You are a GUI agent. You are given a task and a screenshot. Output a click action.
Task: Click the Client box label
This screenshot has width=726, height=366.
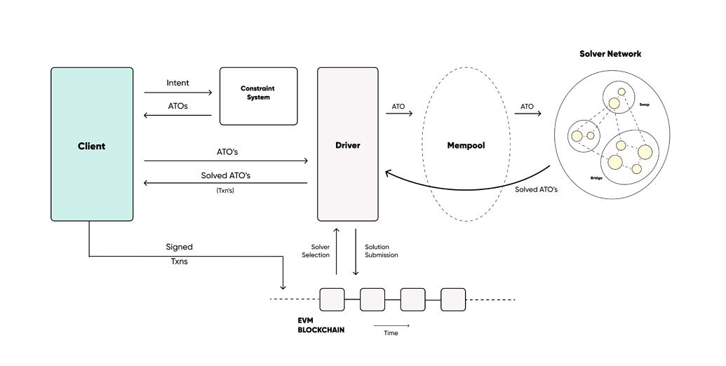[91, 146]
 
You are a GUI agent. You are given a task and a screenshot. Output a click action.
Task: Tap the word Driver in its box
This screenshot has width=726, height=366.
[347, 145]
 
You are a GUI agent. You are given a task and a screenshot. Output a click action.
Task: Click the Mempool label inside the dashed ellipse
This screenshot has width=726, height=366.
[466, 146]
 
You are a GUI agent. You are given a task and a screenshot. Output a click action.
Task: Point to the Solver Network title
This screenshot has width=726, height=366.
[610, 53]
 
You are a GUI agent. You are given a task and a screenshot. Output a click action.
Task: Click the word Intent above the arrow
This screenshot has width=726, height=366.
[177, 83]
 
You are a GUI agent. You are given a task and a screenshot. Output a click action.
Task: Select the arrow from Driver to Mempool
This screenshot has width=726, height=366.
[399, 114]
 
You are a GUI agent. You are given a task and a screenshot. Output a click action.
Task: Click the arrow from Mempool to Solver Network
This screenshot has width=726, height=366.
[527, 114]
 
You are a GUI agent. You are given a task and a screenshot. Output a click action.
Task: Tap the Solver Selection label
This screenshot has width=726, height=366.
[316, 251]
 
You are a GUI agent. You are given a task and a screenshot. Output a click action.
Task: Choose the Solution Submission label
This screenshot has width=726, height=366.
[382, 251]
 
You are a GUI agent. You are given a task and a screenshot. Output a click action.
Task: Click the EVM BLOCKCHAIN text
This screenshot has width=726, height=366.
[321, 325]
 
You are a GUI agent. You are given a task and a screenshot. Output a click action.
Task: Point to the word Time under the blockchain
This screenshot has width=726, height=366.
[391, 333]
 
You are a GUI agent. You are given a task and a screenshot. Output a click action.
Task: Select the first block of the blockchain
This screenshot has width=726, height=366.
[332, 299]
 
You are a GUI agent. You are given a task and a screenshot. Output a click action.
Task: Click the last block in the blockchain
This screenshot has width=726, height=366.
[453, 299]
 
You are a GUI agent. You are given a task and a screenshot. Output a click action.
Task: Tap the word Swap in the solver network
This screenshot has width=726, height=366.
[644, 104]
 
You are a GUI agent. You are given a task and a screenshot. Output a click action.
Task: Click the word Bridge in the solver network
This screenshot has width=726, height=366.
[596, 179]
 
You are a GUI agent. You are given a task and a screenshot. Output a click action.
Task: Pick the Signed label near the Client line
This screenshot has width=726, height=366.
[179, 247]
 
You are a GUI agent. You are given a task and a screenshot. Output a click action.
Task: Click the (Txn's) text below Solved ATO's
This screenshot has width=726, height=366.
[225, 190]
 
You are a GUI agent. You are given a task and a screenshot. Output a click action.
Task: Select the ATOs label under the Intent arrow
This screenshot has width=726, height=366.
[177, 106]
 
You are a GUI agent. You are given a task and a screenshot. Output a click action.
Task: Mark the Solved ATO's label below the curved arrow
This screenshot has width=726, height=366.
[536, 190]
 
